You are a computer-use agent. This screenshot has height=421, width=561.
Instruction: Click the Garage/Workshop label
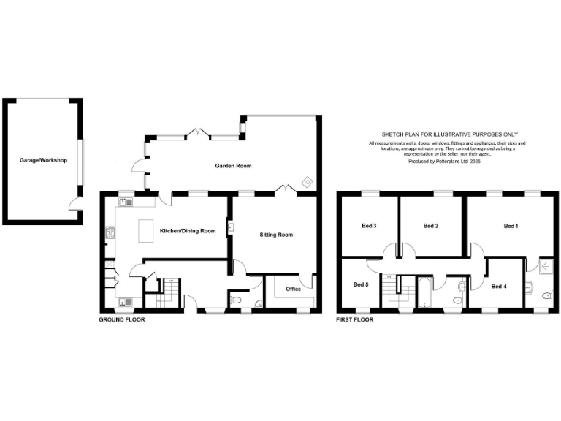tap(44, 160)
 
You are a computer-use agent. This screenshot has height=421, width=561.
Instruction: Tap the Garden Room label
tap(233, 166)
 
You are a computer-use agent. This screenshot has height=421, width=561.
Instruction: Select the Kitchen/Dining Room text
tap(188, 231)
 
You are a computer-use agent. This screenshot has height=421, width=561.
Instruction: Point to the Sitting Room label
tap(276, 235)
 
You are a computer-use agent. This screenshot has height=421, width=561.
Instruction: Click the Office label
tap(293, 289)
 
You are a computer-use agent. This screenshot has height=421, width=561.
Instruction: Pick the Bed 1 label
tap(511, 226)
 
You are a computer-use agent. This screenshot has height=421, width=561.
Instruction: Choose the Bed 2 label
tap(431, 226)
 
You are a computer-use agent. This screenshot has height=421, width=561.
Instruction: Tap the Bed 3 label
tap(370, 226)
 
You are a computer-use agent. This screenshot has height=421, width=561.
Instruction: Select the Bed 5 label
tap(361, 284)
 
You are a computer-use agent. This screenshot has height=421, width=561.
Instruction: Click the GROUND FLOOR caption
tap(121, 320)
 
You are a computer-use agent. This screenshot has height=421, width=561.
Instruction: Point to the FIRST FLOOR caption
tap(354, 320)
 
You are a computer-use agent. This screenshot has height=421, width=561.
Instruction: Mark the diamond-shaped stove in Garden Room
tap(307, 181)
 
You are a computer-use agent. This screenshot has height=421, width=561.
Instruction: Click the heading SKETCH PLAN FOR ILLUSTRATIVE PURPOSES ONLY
tap(449, 134)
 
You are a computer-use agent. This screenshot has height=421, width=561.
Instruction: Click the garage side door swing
tap(75, 205)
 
